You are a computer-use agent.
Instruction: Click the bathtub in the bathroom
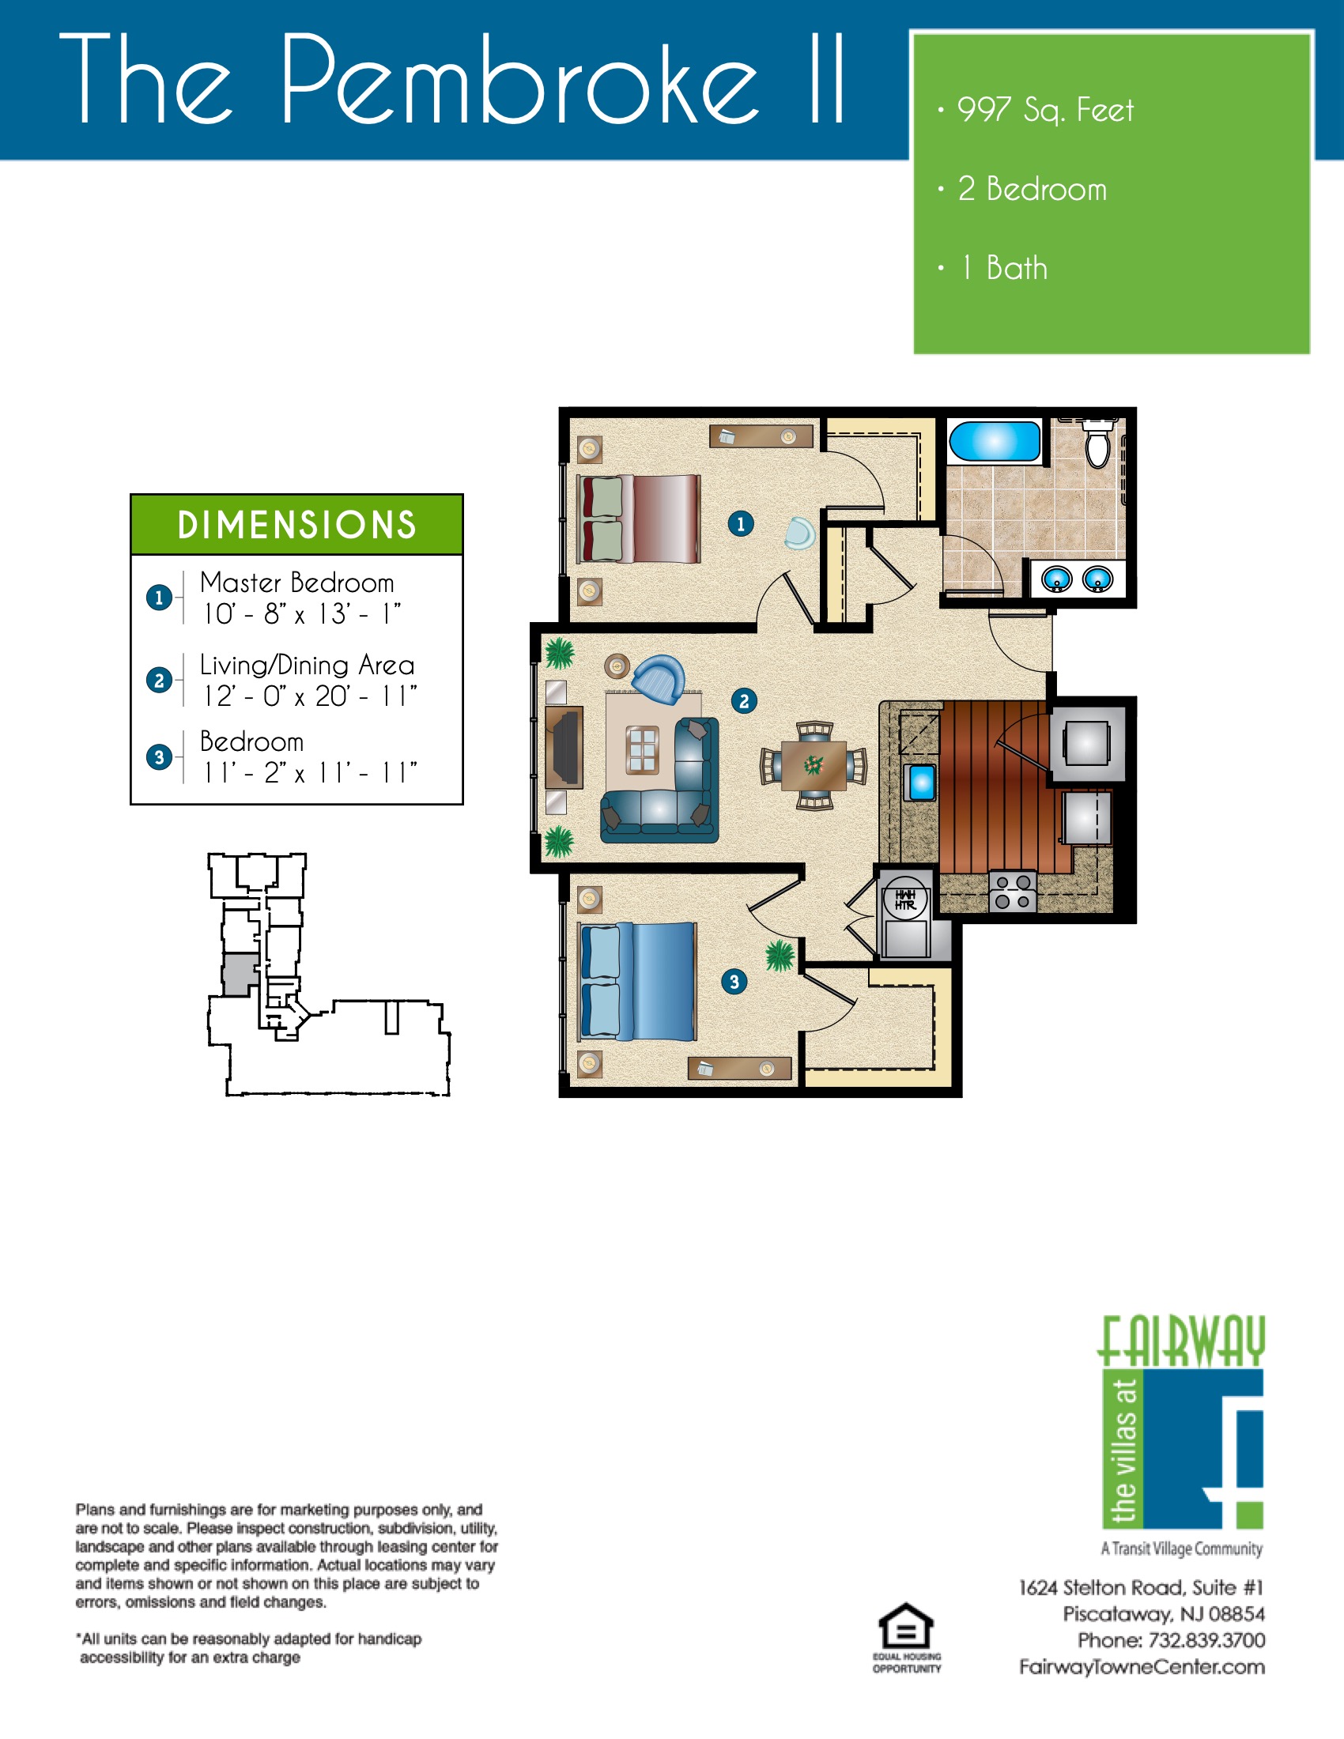995,441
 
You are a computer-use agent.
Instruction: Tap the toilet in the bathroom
1098,446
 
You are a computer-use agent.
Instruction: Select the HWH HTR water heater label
905,900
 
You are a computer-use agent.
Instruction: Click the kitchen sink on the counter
921,782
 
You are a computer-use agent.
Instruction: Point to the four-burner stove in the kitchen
1013,892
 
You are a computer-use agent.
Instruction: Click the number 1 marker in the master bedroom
741,523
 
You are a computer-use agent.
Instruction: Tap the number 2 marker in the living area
744,700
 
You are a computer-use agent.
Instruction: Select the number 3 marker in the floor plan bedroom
734,982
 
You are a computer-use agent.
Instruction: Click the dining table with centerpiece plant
813,765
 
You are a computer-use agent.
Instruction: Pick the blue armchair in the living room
659,678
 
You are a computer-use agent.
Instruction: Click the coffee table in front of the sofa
643,749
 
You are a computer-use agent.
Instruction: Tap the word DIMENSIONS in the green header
297,525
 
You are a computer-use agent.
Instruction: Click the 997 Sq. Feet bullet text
1044,110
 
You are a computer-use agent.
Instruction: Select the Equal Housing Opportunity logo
906,1636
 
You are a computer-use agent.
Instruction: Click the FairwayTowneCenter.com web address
1142,1667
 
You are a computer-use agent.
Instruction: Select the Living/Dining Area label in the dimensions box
307,665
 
